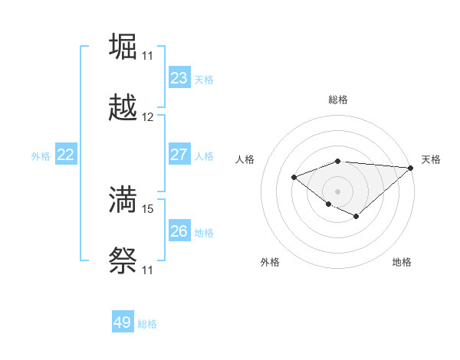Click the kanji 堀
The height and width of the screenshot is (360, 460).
pos(123,46)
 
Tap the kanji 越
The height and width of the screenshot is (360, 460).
pos(123,109)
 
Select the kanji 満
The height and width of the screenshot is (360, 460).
pos(123,199)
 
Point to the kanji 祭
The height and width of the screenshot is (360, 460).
pos(123,262)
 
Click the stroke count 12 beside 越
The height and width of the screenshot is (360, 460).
pos(148,117)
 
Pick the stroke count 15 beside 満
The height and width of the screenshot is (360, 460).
pos(148,208)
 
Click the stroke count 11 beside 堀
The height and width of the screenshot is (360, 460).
pos(148,55)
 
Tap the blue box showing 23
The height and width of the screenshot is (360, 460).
pos(179,78)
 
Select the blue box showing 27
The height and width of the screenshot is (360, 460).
pos(179,155)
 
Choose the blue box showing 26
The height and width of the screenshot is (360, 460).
pos(179,231)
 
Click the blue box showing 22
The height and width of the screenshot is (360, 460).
pos(65,155)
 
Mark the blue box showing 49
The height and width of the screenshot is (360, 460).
pos(123,322)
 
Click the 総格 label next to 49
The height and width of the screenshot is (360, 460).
pos(147,324)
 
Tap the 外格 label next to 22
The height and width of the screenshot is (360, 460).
pos(41,156)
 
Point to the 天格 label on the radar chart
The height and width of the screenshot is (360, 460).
pos(431,159)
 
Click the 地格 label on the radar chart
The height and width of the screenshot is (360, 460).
pos(402,262)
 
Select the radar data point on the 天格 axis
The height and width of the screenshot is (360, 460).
pos(412,169)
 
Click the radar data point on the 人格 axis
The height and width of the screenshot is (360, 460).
pos(294,178)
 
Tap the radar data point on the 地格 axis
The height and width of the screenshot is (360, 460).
pos(356,217)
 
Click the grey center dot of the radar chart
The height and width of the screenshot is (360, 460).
pos(337,191)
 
